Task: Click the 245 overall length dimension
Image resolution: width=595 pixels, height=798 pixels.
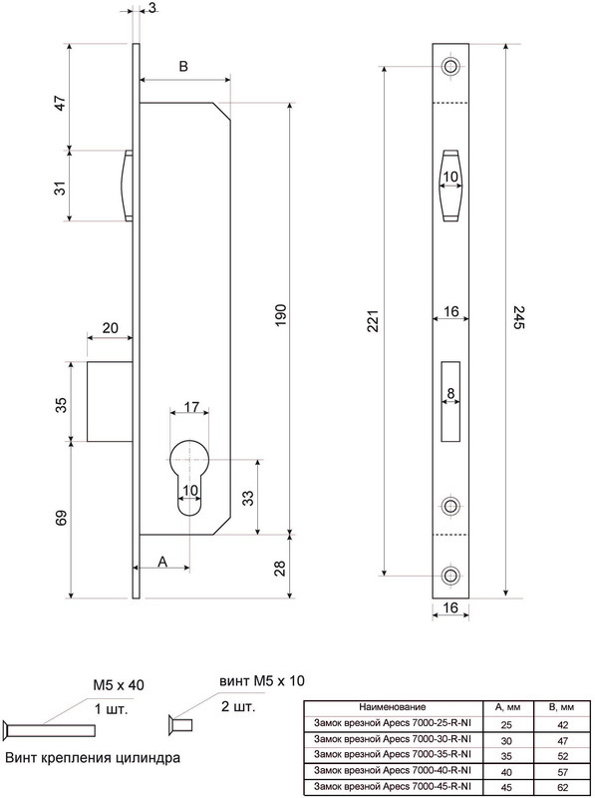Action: (517, 317)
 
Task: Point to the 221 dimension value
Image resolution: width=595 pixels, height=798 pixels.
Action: (374, 321)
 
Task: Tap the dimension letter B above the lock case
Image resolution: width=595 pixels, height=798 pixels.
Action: (184, 67)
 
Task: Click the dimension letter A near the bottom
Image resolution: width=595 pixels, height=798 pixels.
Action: (162, 562)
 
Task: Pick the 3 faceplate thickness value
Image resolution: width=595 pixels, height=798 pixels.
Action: (152, 8)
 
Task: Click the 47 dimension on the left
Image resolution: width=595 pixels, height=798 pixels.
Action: (61, 103)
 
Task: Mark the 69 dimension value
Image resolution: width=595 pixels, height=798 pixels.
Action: (61, 518)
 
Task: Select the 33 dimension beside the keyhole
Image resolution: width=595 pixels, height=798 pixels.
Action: (247, 498)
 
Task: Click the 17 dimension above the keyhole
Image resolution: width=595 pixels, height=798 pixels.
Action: (191, 407)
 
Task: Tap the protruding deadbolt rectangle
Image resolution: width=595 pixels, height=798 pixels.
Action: (110, 402)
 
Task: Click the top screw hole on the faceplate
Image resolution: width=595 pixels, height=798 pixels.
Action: (450, 66)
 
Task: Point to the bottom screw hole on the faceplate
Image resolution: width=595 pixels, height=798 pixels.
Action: (450, 576)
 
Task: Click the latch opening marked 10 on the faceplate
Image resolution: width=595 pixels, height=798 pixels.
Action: (450, 186)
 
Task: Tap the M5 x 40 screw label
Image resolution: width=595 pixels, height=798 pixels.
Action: (118, 685)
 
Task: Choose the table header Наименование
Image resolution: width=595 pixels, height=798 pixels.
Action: (392, 706)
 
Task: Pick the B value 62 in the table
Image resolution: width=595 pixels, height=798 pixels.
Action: (562, 787)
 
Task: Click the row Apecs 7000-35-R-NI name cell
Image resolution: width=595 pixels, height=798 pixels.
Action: (392, 753)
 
